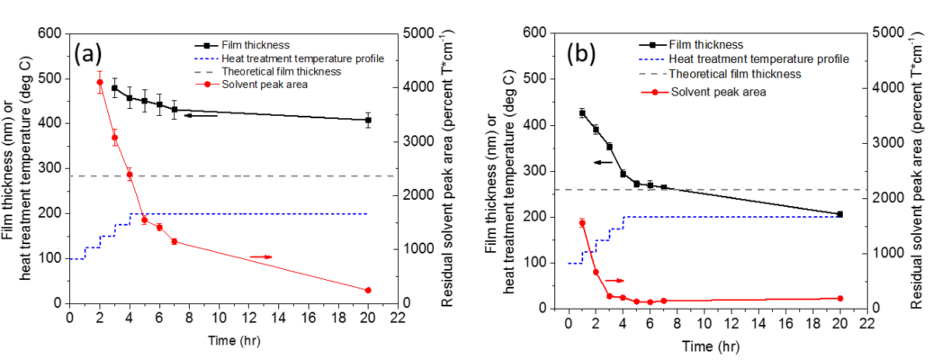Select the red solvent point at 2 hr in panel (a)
tap(100, 82)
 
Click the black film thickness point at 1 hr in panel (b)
tap(582, 113)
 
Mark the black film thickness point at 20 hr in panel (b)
tap(840, 214)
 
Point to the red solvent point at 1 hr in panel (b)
tap(582, 223)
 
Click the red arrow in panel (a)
tap(261, 256)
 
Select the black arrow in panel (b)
tap(603, 162)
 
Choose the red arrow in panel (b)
tap(616, 279)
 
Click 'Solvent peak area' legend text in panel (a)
tap(265, 83)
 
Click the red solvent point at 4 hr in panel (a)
tap(130, 174)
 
